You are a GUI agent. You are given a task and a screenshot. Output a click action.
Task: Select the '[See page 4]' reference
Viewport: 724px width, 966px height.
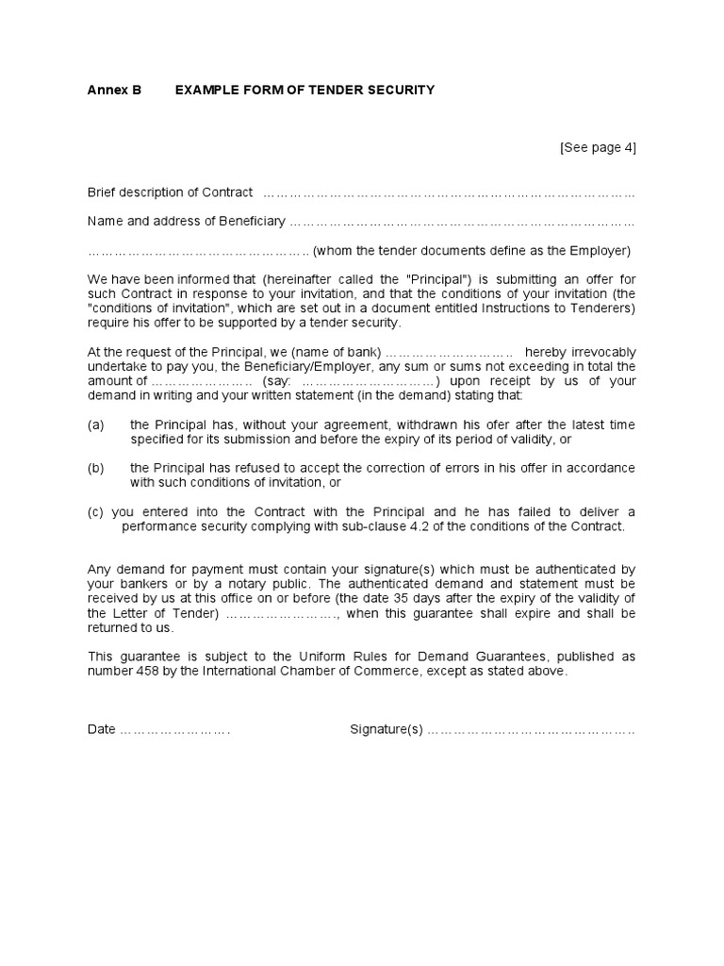pyautogui.click(x=598, y=147)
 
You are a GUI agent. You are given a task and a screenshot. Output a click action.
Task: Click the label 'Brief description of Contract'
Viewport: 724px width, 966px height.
pyautogui.click(x=170, y=192)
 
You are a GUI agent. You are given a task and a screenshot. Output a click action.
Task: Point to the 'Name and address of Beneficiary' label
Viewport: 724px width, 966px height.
pyautogui.click(x=186, y=222)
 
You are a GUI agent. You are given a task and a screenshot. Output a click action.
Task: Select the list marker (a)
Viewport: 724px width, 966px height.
pyautogui.click(x=95, y=425)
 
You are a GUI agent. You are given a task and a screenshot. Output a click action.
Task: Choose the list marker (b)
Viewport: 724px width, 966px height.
pyautogui.click(x=95, y=468)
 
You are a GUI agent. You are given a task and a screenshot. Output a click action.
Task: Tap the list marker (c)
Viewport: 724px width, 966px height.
pyautogui.click(x=95, y=511)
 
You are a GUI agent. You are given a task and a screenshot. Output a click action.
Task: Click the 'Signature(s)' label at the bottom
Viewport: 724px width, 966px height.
pyautogui.click(x=387, y=729)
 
